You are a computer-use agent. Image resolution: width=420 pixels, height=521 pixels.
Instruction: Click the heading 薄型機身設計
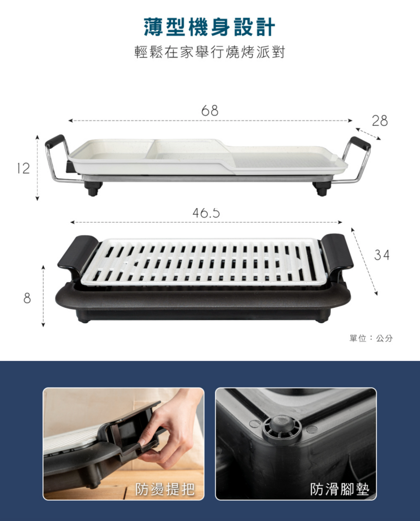(209, 27)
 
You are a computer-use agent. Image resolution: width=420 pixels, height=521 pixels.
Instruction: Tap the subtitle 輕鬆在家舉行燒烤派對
(209, 52)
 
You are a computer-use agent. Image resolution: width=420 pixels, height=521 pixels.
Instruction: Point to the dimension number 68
(210, 110)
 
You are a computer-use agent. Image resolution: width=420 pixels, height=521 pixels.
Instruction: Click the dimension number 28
(380, 121)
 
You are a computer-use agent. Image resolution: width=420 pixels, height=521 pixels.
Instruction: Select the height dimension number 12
(23, 168)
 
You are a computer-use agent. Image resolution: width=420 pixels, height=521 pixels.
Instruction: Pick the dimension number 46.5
(206, 213)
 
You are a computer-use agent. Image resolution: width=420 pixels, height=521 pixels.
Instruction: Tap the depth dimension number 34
(382, 255)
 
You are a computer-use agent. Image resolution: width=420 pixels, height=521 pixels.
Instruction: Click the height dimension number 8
(27, 298)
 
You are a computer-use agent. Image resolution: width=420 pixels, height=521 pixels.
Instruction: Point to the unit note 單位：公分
(371, 338)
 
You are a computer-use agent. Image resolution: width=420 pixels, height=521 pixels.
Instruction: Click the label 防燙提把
(164, 489)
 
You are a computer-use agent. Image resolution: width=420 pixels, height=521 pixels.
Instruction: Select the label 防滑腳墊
(339, 489)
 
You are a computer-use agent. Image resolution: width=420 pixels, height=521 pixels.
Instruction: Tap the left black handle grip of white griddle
(54, 141)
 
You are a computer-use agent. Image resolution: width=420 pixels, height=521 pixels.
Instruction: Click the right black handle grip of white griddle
(361, 143)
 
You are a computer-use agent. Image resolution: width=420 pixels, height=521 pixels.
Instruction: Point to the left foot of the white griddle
(93, 189)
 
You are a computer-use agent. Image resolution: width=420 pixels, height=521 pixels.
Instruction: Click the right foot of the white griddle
(322, 189)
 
